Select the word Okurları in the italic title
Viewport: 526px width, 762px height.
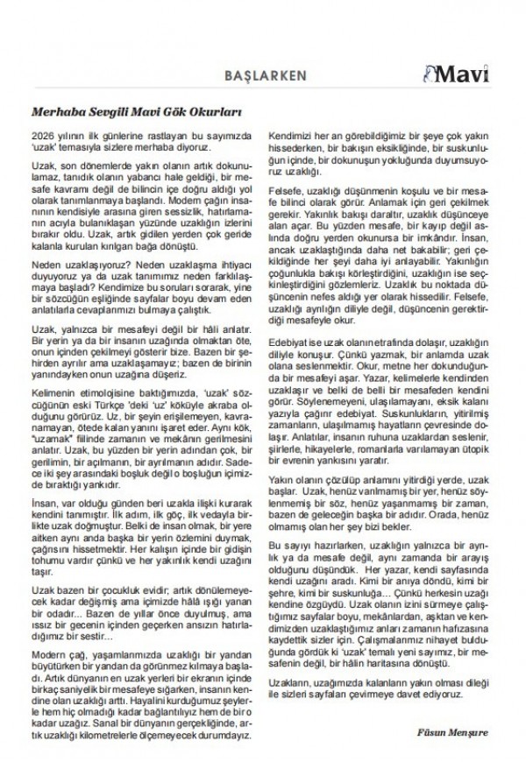(x=217, y=113)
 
